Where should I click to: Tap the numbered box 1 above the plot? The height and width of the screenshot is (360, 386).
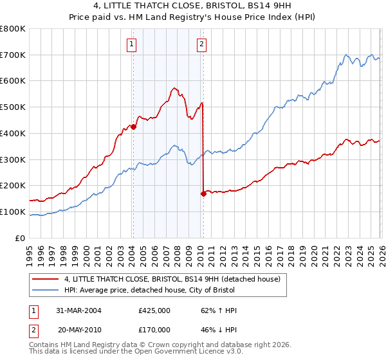tap(131, 44)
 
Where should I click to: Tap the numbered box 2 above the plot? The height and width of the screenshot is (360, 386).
tap(201, 44)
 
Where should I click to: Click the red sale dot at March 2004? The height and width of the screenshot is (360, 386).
tap(133, 127)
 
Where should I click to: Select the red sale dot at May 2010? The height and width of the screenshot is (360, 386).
tap(203, 193)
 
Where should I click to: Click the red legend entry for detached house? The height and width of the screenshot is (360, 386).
tap(172, 280)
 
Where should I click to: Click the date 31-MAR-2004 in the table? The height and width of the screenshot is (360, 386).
tap(79, 310)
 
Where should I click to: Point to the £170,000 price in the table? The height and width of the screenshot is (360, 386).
tap(154, 328)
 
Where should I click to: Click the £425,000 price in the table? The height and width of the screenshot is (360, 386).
tap(154, 310)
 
